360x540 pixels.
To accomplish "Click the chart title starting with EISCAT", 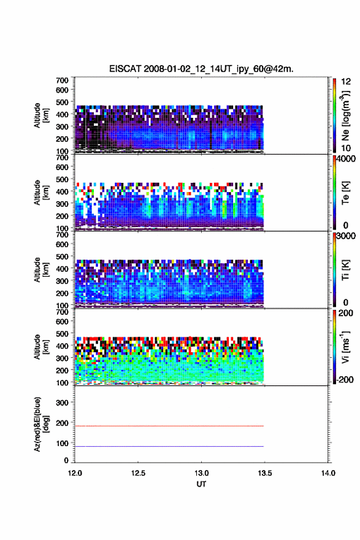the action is [201, 69].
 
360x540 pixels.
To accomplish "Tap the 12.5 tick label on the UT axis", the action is [138, 473].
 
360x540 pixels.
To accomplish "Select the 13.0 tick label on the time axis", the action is [201, 473].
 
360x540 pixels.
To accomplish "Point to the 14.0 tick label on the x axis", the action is [328, 473].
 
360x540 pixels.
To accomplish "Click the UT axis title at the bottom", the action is [201, 484].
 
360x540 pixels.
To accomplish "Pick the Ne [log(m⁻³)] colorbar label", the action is [345, 116].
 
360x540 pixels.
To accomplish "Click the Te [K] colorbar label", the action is [345, 193].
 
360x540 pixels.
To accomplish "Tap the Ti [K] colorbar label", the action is [345, 270].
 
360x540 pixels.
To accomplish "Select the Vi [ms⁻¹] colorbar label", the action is [345, 347].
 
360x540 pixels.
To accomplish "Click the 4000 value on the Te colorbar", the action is [346, 159].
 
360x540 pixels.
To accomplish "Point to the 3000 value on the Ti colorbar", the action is [346, 236].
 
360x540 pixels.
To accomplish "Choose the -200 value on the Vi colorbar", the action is [344, 379].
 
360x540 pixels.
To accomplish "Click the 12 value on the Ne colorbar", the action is [346, 82].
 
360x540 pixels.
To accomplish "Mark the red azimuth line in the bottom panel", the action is [169, 426].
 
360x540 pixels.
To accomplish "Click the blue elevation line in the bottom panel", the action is [169, 446].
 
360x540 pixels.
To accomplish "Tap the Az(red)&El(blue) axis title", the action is [41, 424].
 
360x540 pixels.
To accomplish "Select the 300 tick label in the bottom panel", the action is [62, 403].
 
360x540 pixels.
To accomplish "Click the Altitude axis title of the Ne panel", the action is [41, 115].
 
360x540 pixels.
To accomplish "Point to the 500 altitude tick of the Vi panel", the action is [62, 334].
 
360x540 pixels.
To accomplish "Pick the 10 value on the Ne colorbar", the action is [346, 148].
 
